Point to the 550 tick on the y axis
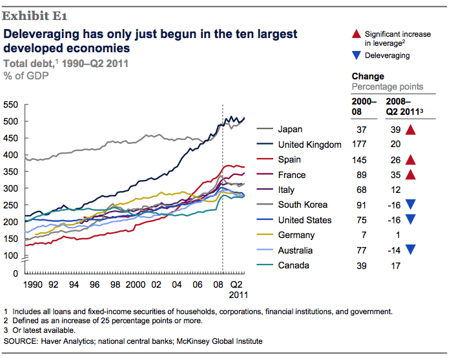12,105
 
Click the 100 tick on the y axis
12,255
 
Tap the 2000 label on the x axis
134,284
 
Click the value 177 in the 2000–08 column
361,145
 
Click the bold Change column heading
367,77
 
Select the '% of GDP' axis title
27,75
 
